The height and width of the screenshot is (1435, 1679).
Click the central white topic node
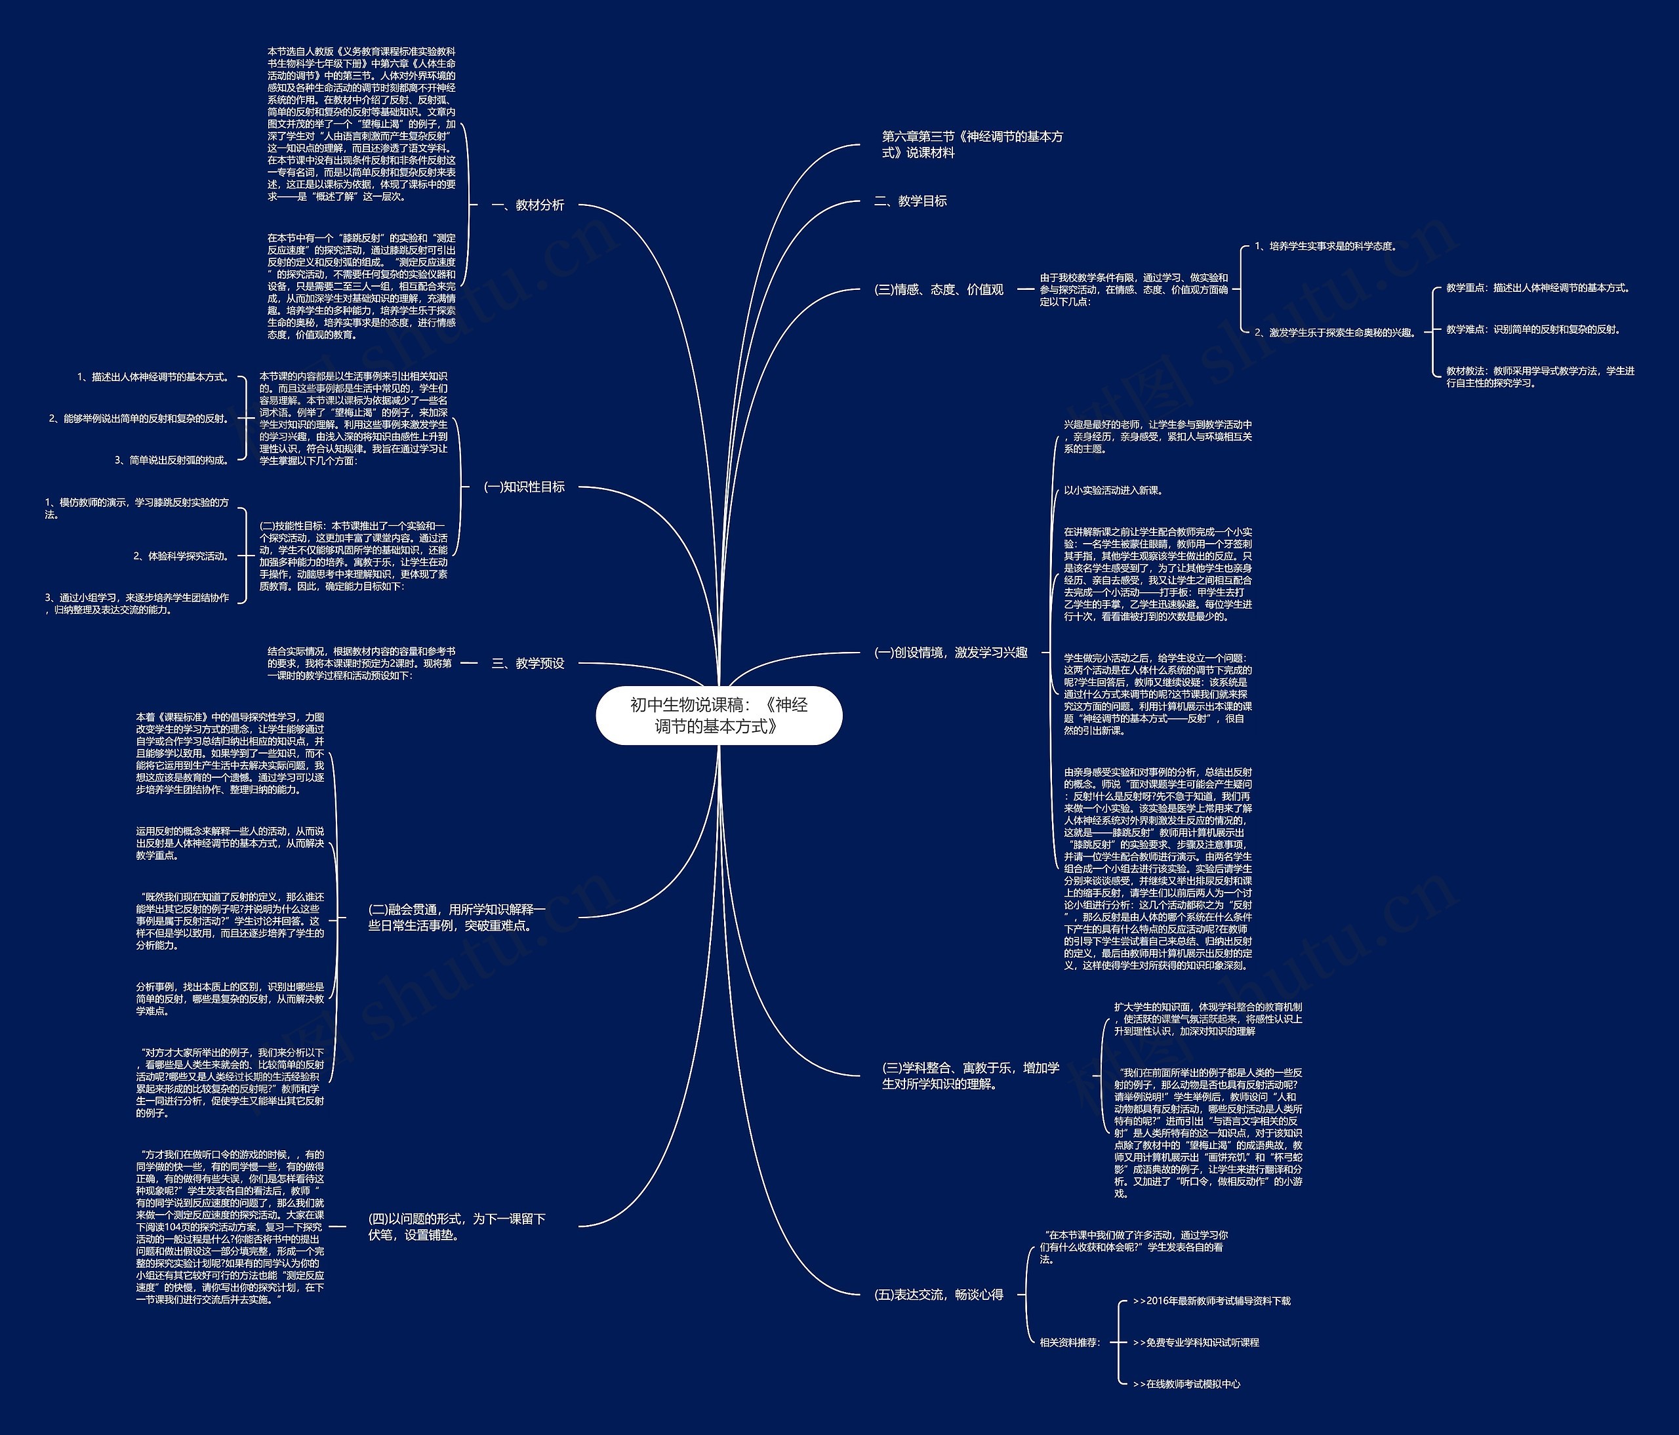coord(719,716)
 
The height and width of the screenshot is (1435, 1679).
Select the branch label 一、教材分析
coord(527,205)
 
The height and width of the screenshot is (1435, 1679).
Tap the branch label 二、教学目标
coord(910,201)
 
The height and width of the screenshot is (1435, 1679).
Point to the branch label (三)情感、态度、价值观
coord(939,289)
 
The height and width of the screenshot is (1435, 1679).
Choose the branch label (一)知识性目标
coord(524,487)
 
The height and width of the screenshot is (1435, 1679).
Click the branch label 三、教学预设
coord(527,664)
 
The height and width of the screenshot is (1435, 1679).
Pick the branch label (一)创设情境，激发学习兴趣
coord(950,653)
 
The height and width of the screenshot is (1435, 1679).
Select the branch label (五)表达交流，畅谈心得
coord(939,1295)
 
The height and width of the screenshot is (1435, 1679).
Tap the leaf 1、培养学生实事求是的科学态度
coord(1325,247)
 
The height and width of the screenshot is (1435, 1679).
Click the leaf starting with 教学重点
coord(1537,288)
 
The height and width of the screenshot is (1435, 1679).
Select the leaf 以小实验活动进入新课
coord(1114,490)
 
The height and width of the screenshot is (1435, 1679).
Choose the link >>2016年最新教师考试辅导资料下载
coord(1211,1301)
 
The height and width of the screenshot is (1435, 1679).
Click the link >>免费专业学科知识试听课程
coord(1196,1343)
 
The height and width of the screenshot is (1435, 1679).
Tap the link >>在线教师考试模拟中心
coord(1186,1384)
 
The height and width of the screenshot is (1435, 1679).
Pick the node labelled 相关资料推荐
coord(1070,1343)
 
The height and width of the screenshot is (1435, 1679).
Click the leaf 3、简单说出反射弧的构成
coord(172,460)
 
